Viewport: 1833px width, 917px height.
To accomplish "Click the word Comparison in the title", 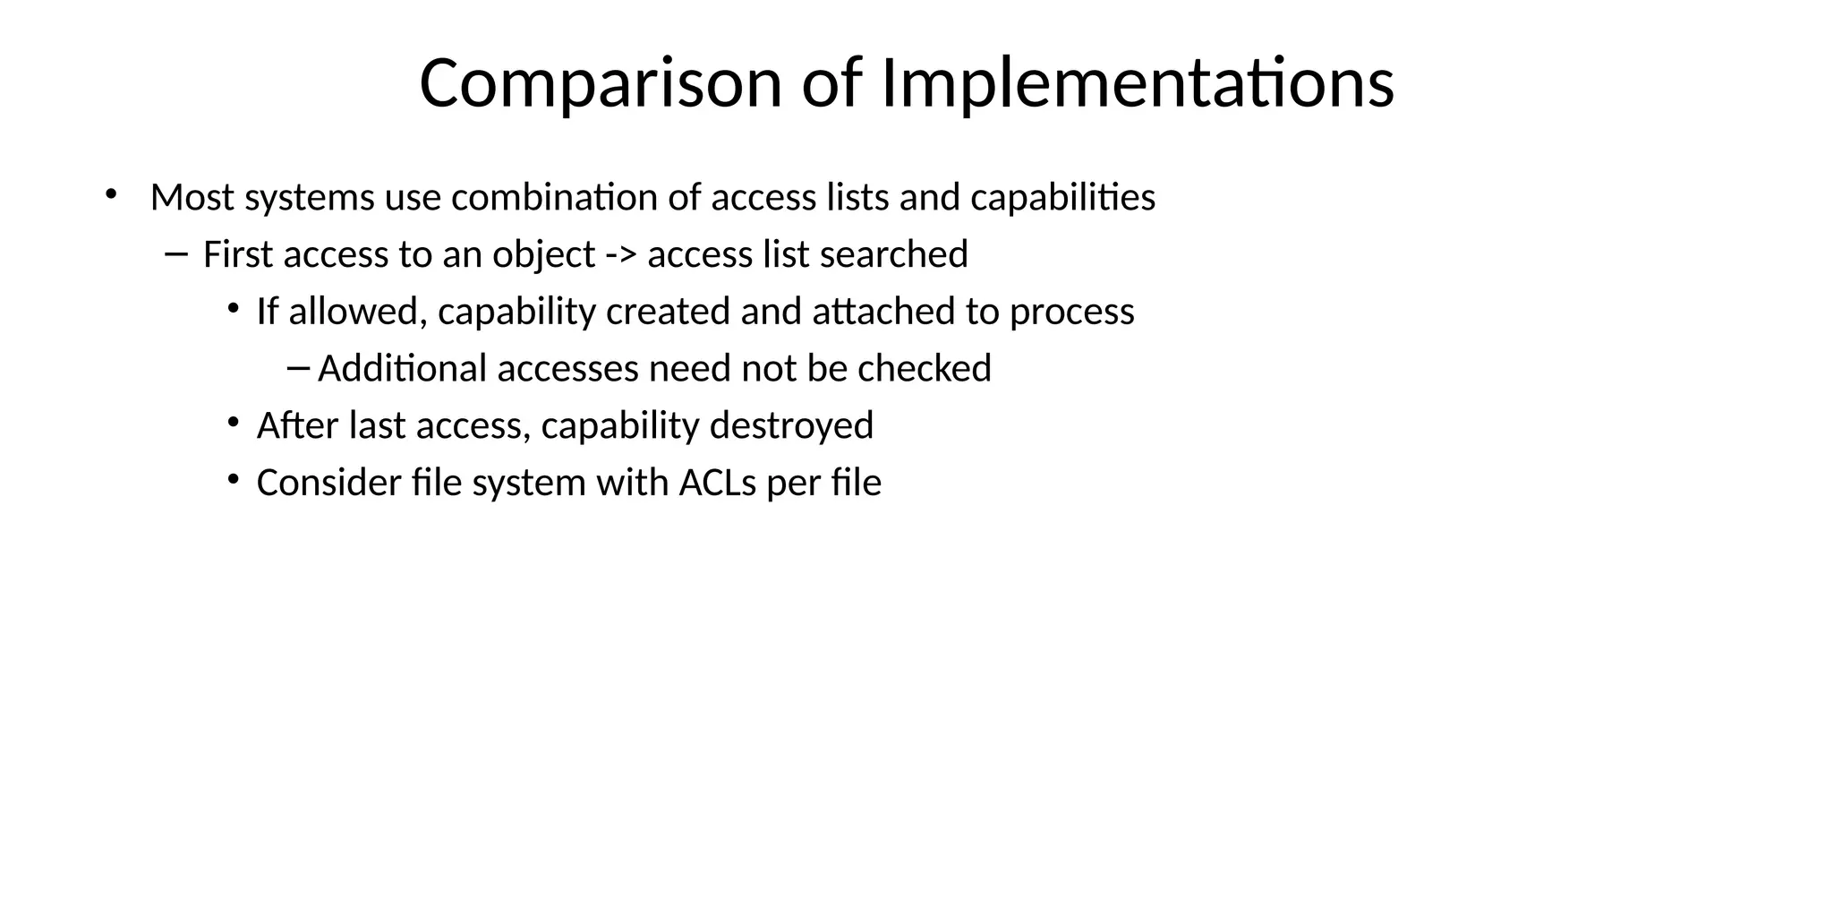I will pos(601,83).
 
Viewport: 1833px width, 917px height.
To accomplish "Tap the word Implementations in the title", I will pos(1138,83).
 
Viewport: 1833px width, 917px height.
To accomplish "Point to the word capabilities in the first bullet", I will pos(1062,198).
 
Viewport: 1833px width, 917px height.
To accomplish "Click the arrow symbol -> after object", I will pos(621,255).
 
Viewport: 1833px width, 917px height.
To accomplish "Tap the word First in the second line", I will pos(237,255).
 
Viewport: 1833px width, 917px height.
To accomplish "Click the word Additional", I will pos(402,369).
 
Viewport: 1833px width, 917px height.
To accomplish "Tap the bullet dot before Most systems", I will pos(111,193).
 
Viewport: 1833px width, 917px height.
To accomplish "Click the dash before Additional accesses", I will pos(298,366).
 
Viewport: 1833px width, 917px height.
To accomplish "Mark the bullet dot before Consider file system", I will pos(234,480).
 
